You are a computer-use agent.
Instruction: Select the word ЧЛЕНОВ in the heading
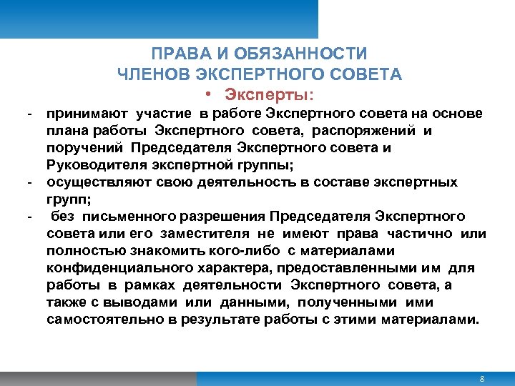[152, 74]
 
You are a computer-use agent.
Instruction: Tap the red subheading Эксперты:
[269, 94]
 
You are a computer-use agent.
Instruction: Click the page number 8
[483, 378]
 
